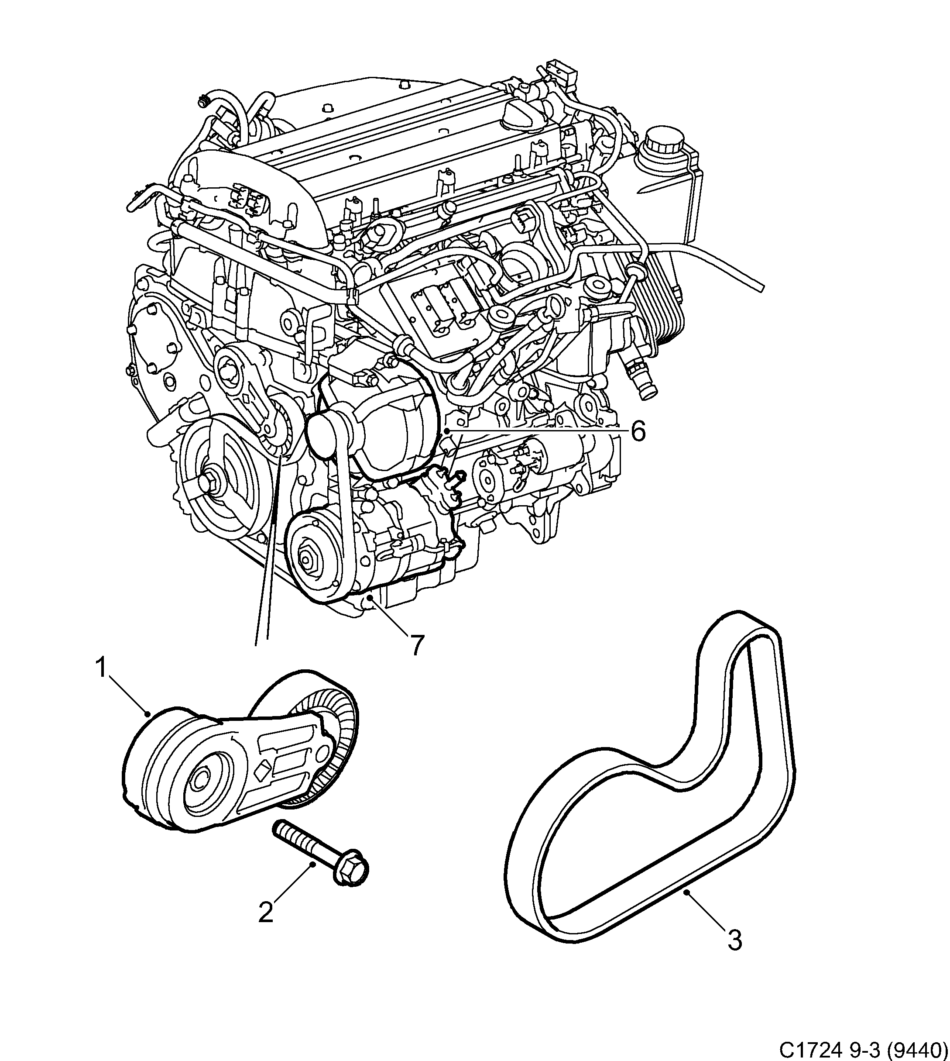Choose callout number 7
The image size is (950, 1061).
pyautogui.click(x=416, y=645)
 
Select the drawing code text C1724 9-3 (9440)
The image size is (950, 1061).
pyautogui.click(x=863, y=1048)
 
